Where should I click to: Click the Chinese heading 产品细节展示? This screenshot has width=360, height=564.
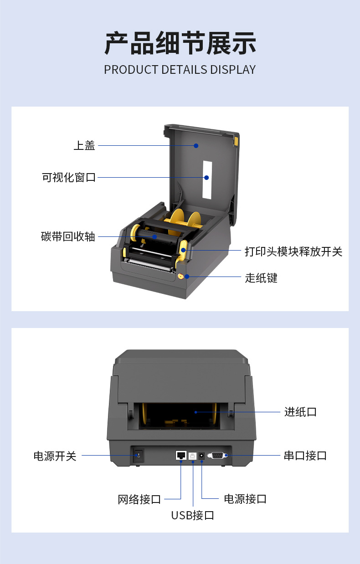180,43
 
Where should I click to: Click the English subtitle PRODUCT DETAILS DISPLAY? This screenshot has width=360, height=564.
180,70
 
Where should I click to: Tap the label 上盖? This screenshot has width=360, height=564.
84,145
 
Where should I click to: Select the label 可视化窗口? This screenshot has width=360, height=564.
69,178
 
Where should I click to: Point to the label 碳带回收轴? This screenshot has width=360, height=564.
68,237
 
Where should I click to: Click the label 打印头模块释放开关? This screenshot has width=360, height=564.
293,251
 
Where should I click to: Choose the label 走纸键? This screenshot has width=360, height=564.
261,278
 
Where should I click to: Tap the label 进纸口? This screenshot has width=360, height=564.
300,412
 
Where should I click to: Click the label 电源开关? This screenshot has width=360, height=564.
55,456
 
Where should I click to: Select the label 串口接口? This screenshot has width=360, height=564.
305,456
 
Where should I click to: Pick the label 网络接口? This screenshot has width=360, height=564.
139,499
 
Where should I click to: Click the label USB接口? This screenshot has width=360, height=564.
193,515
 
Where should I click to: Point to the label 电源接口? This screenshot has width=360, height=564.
245,499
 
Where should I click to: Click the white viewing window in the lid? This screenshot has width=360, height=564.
207,179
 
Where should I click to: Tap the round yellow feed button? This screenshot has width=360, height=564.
181,276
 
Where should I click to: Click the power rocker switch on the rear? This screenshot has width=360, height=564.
138,455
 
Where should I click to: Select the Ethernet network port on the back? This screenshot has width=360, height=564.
181,455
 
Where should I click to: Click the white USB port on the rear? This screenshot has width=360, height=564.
192,456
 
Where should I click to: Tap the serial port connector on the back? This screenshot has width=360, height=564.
217,455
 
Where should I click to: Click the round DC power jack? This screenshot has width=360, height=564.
201,456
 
